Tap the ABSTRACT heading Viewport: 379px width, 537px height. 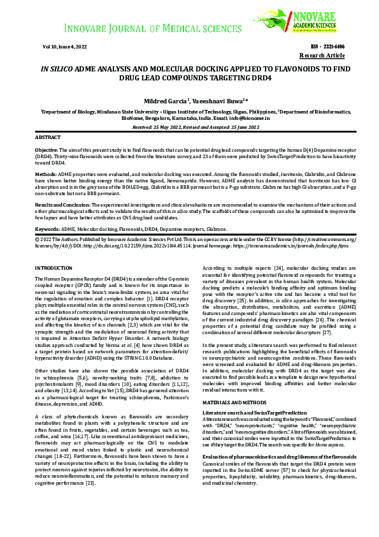[x=48, y=137]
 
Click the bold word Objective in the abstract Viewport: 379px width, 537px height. [x=46, y=149]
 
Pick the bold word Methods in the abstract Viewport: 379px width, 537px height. [x=45, y=173]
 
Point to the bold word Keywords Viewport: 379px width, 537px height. [x=47, y=228]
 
